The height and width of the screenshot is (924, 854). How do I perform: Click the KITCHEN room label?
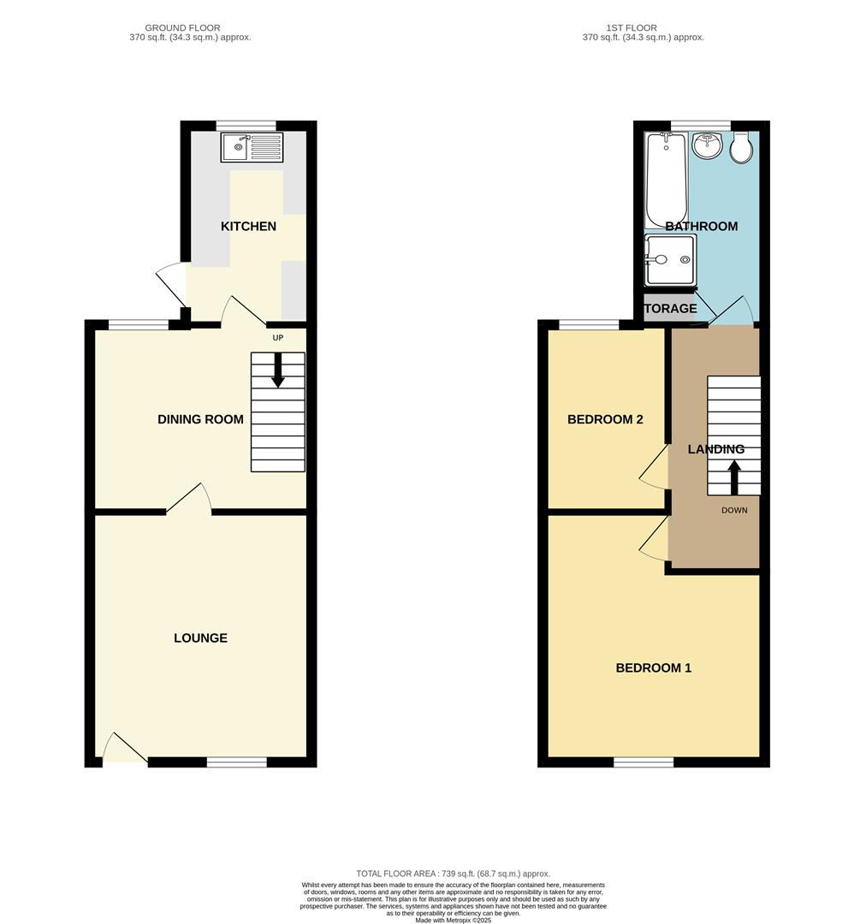(x=248, y=227)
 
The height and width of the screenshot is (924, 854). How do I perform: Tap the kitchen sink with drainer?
(x=251, y=147)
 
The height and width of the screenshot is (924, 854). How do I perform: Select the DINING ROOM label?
(x=200, y=419)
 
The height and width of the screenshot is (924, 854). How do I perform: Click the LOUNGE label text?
(x=200, y=638)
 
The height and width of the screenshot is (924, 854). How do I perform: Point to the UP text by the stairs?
(x=277, y=337)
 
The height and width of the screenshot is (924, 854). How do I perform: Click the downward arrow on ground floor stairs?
(x=277, y=370)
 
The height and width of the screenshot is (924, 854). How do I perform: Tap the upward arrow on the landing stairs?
(x=733, y=477)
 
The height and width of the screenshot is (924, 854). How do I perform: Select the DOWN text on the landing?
(x=734, y=511)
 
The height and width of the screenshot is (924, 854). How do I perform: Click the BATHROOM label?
(x=701, y=227)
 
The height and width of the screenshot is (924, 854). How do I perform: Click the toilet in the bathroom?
(x=742, y=147)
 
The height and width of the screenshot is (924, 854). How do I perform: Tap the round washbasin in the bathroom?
(x=707, y=146)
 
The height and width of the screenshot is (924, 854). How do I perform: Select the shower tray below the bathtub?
(x=670, y=259)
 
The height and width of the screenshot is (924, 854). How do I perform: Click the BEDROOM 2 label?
(x=605, y=420)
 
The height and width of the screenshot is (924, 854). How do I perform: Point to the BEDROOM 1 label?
(x=653, y=668)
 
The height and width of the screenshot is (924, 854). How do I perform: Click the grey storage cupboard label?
(x=670, y=309)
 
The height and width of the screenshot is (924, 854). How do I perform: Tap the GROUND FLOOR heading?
(x=182, y=28)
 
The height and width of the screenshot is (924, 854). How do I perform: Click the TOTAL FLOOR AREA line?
(x=454, y=873)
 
